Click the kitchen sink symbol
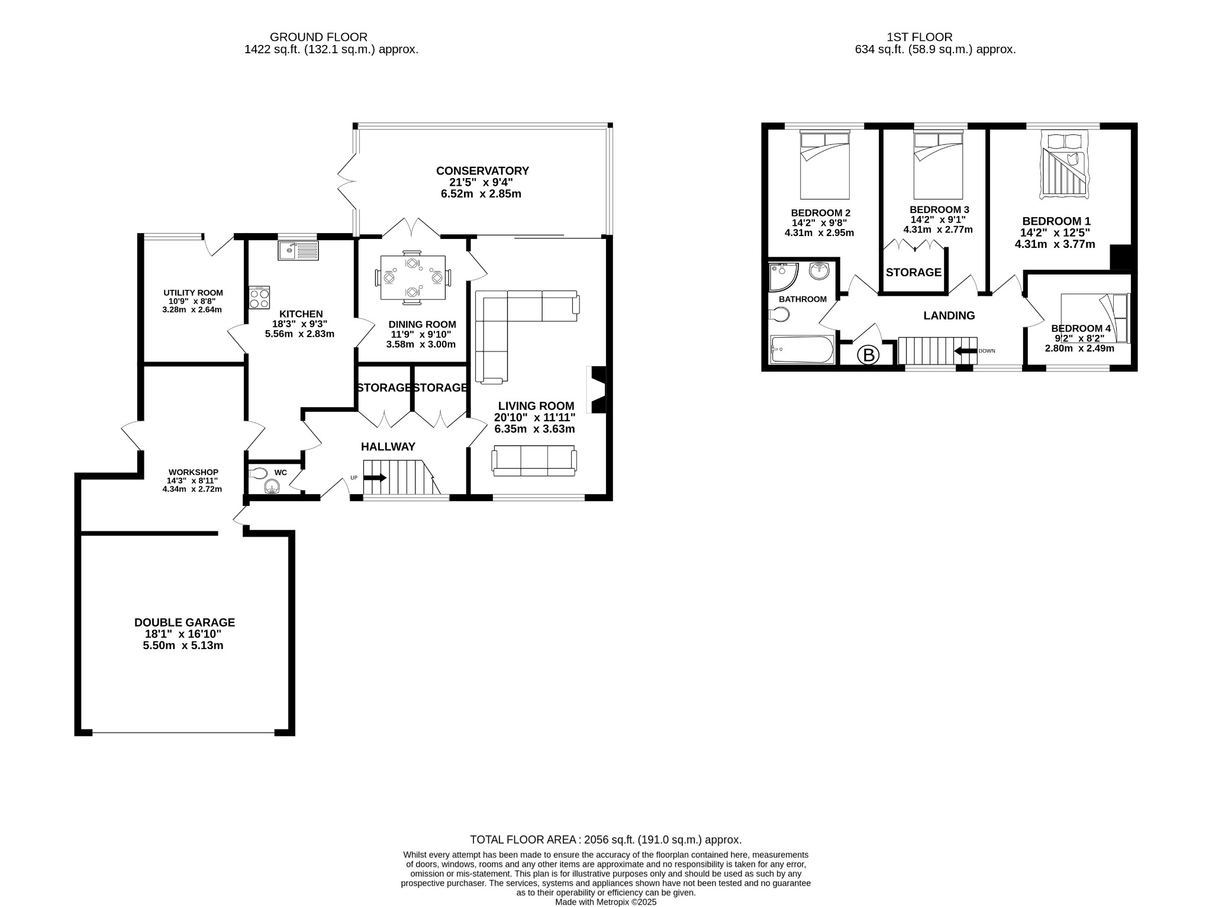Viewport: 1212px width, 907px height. [298, 251]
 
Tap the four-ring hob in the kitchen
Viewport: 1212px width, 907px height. [260, 297]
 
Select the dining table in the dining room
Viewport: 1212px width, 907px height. [412, 277]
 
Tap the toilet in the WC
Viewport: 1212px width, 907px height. [258, 473]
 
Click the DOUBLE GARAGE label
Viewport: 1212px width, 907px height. [185, 622]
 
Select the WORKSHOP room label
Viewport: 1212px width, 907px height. [192, 472]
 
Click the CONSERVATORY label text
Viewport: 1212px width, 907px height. [482, 171]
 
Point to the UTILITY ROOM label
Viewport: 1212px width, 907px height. [193, 292]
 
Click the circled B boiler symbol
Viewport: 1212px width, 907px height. [869, 356]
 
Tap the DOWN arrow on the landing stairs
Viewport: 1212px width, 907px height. [965, 351]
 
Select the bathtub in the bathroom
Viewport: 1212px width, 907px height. [802, 350]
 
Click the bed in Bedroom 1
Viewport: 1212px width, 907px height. [1065, 165]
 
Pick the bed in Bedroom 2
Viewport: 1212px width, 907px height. [825, 165]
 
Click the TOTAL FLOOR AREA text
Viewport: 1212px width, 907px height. [605, 840]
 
